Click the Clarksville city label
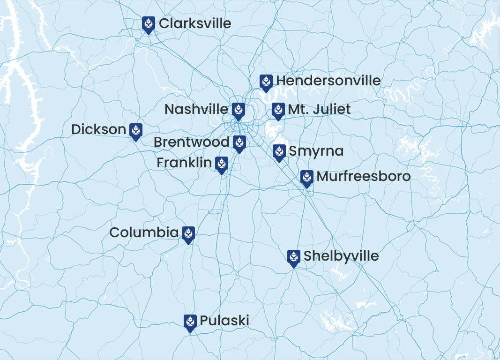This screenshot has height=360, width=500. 195,23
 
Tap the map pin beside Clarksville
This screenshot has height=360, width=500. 149,24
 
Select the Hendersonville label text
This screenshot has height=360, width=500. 328,81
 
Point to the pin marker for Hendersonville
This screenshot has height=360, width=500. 266,82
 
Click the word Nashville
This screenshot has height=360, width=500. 196,109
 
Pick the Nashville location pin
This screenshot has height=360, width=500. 239,111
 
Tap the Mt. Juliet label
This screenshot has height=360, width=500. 319,109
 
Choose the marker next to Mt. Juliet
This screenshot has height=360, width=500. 278,111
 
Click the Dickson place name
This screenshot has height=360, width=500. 98,129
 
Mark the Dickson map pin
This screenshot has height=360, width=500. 136,131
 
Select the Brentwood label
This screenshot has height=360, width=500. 191,142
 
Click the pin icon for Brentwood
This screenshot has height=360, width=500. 239,143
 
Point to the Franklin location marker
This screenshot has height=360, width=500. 222,164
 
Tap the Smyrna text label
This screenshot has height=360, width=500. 316,151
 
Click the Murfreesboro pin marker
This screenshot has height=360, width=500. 307,178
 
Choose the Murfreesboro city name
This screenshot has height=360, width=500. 364,176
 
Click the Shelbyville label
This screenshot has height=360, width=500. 341,256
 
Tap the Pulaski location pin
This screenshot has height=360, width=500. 190,322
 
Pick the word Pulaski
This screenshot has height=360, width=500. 224,321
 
